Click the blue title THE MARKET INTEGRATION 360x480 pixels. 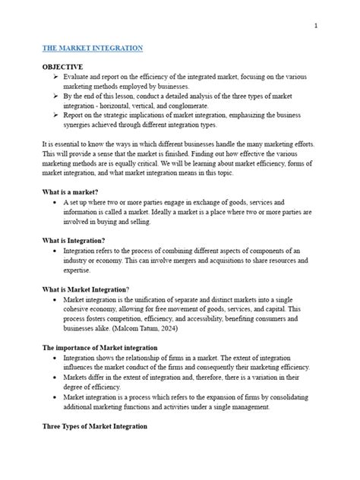[x=92, y=48]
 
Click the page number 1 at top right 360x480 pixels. [x=314, y=26]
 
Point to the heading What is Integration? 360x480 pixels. [x=78, y=239]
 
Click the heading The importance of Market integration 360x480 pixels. [x=99, y=346]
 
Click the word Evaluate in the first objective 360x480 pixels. [x=78, y=77]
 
